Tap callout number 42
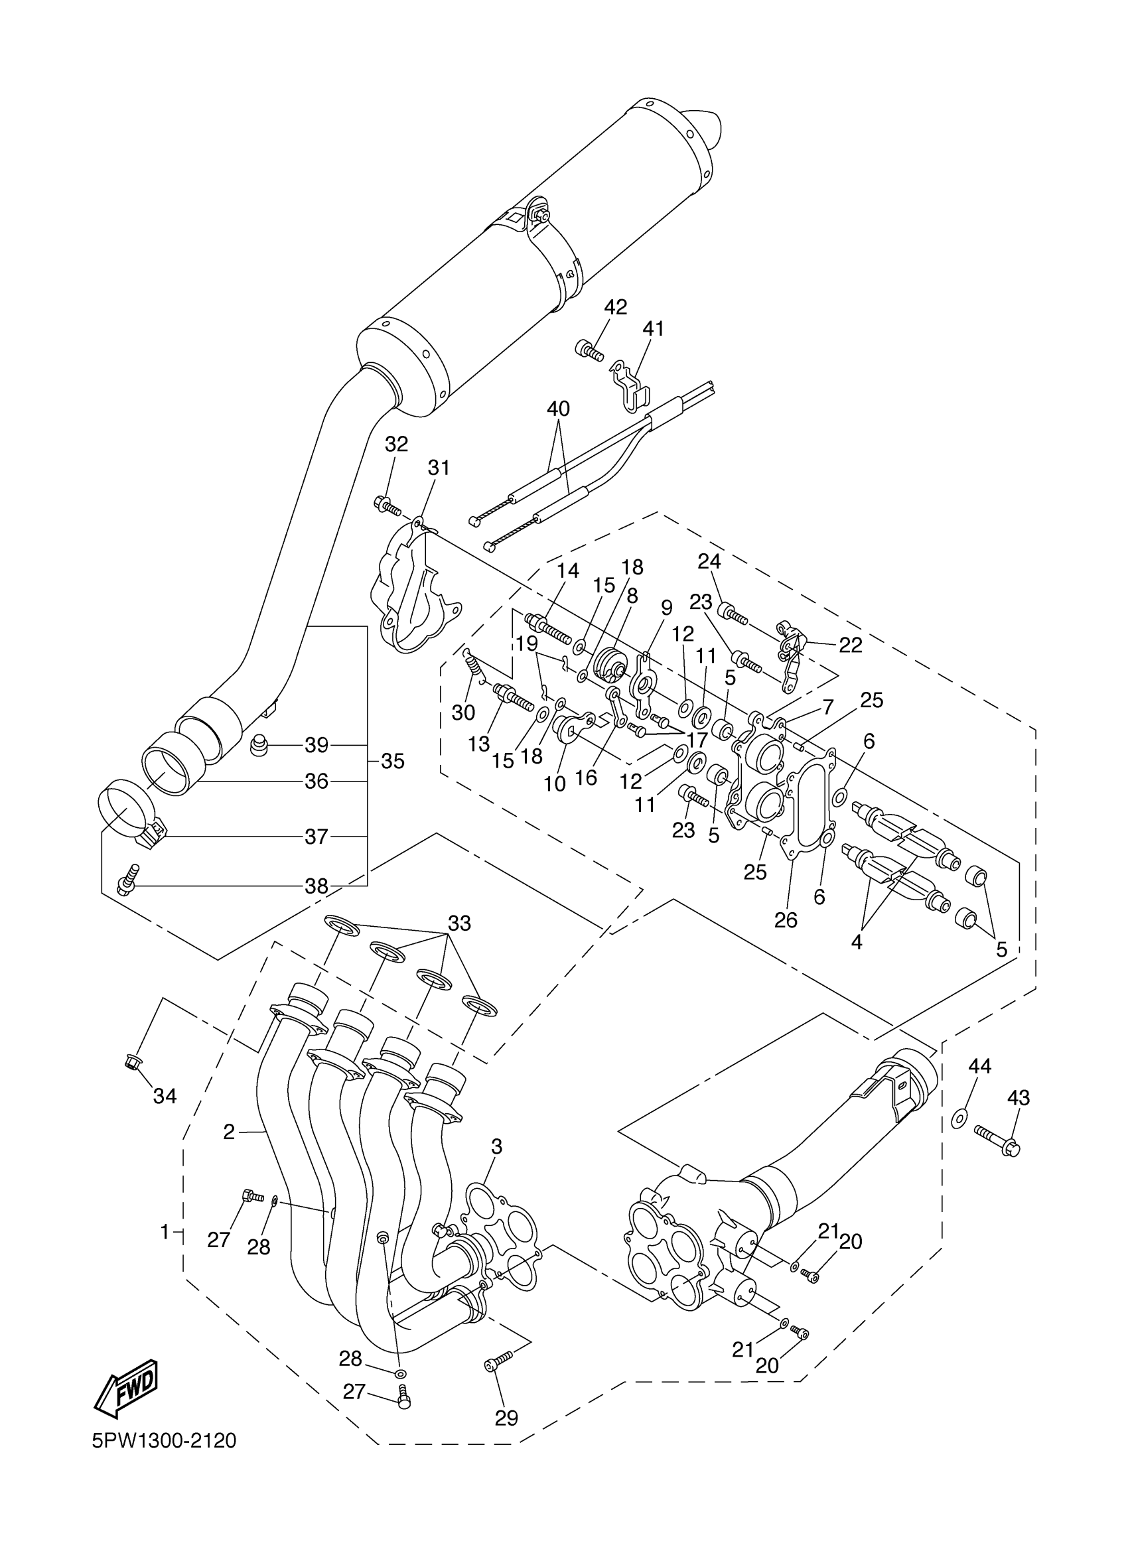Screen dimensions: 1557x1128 pos(615,307)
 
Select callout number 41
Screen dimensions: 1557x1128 pos(653,329)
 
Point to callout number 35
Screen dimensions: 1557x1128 pos(393,762)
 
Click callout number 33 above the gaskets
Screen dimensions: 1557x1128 pos(459,923)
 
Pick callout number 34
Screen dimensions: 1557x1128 pos(165,1097)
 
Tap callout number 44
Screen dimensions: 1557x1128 pos(980,1066)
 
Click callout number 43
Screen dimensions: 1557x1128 pos(1019,1098)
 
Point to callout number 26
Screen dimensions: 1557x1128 pos(786,921)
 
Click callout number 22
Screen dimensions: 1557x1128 pos(850,645)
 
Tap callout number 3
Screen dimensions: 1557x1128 pos(496,1146)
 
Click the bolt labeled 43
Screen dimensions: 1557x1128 pos(995,1143)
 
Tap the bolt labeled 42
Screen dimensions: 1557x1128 pos(589,351)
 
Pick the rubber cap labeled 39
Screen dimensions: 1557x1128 pos(259,744)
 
